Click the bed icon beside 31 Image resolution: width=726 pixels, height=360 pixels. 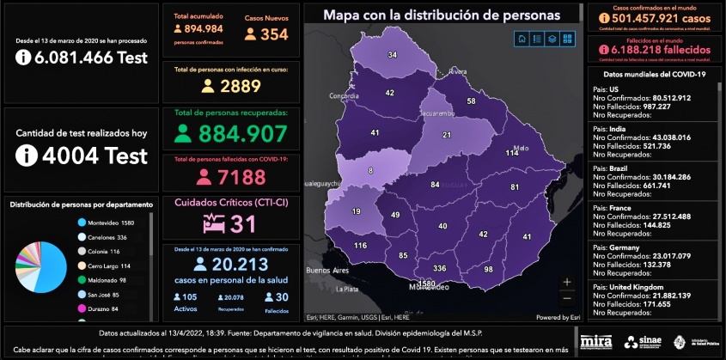pos(213,223)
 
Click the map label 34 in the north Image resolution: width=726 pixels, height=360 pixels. pos(392,55)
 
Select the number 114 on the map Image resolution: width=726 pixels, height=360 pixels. pos(512,153)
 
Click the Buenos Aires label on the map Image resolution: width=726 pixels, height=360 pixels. pos(330,271)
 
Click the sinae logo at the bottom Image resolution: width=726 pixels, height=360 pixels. pos(642,342)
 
